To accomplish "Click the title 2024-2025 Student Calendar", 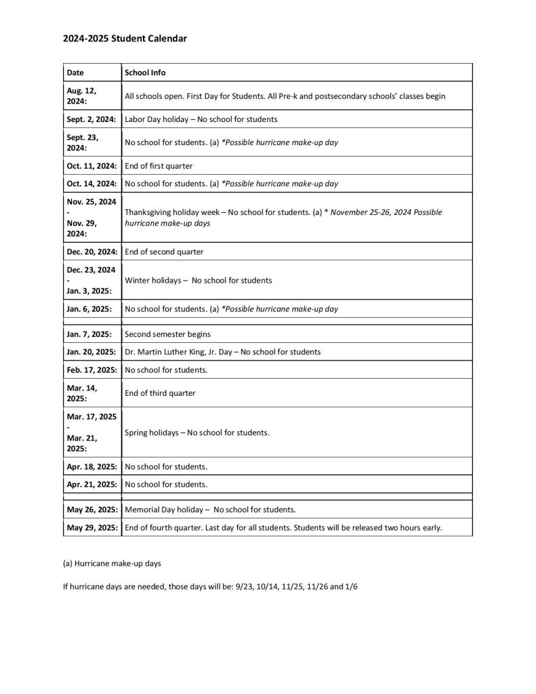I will (125, 39).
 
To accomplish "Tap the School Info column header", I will (145, 73).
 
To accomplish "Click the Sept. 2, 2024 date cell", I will (91, 119).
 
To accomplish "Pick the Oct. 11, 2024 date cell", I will (91, 165).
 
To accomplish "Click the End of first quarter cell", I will (159, 165).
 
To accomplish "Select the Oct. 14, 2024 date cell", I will (91, 183).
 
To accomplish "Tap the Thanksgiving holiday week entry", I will (283, 217).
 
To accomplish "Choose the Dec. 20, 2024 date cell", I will (91, 251).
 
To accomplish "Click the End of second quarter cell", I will (164, 251).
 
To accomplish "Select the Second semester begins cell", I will (167, 334).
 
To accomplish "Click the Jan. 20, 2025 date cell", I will (91, 352).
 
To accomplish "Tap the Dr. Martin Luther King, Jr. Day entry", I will (223, 352).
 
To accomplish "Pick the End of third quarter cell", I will (160, 393).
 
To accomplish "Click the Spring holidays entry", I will (197, 432).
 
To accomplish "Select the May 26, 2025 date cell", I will (92, 510).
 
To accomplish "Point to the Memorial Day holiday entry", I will (211, 510).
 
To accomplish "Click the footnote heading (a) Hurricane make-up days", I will (112, 563).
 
